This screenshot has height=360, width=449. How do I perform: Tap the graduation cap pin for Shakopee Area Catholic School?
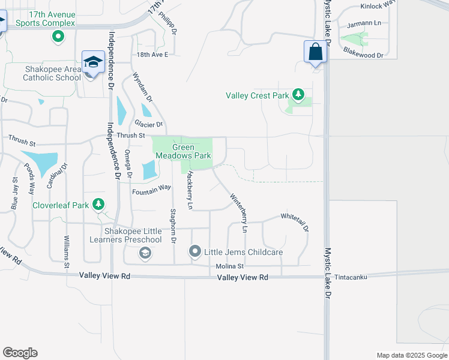[93, 62]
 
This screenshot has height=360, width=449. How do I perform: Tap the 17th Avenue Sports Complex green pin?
[58, 37]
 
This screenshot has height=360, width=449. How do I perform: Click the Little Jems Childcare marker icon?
[194, 251]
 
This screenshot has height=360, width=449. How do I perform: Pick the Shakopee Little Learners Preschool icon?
[144, 254]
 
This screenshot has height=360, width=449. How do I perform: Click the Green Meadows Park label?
[183, 151]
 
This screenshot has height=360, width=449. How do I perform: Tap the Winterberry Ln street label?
[238, 212]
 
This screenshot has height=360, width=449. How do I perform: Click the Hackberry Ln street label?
[189, 190]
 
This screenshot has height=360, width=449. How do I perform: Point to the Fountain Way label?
[151, 189]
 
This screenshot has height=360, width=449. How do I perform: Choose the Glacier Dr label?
[149, 124]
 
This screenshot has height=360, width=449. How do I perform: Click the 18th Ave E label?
[152, 54]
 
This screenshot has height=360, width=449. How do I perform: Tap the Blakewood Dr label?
[363, 55]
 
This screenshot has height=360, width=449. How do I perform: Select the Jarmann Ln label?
[364, 25]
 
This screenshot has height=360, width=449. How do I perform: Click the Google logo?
[20, 353]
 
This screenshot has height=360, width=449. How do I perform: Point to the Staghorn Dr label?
[173, 226]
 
